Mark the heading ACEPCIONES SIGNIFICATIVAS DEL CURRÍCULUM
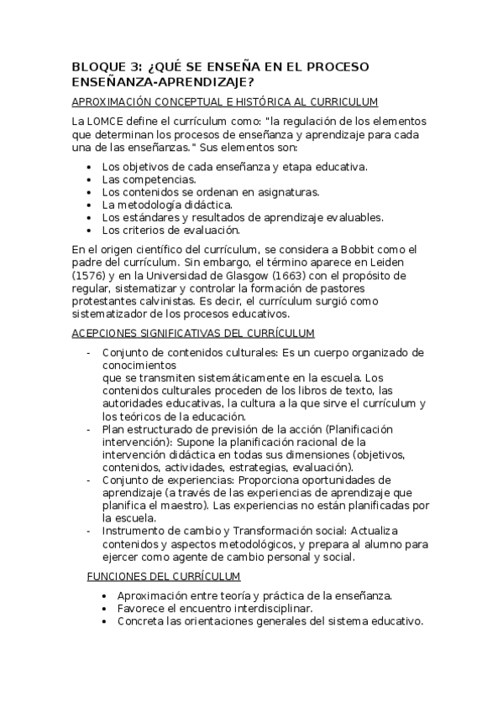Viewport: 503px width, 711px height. pos(194,333)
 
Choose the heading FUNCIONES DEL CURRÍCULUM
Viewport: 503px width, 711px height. pos(164,576)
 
